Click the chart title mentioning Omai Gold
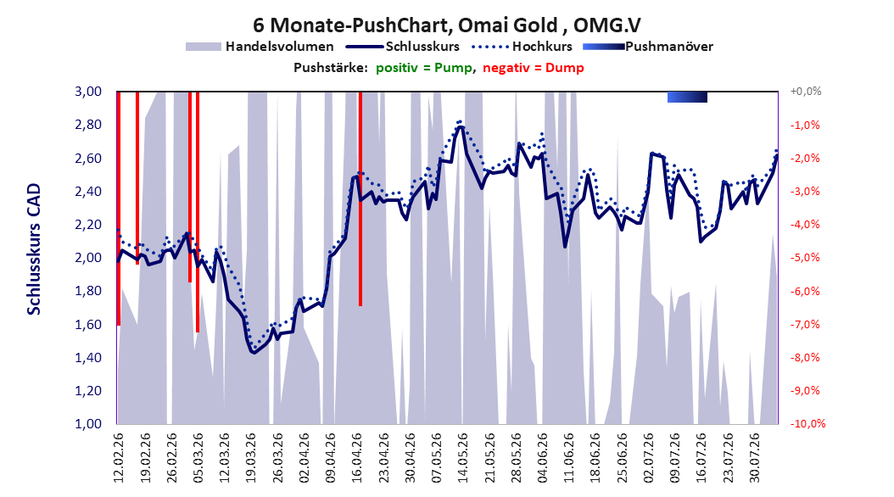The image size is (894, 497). point(447,25)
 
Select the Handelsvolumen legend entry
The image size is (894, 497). point(260,47)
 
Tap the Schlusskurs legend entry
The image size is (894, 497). point(403,47)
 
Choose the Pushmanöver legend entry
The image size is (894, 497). point(648,47)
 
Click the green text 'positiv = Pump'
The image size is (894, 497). point(424,68)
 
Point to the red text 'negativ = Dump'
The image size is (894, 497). point(534,68)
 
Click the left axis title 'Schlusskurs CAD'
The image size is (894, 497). point(34,249)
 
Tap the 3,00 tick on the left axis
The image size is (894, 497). point(88,92)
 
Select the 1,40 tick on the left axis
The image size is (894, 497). point(88,357)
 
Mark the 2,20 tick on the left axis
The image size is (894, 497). point(88,225)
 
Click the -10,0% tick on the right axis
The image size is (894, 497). point(807,423)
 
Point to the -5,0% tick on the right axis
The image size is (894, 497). point(805,258)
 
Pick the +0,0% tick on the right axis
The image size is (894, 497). point(806,92)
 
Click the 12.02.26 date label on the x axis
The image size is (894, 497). point(118,458)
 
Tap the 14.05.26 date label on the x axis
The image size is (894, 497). point(462,458)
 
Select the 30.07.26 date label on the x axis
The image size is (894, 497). point(754,458)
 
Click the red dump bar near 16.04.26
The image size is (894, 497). point(360,199)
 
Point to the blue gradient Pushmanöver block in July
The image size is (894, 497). point(688,97)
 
